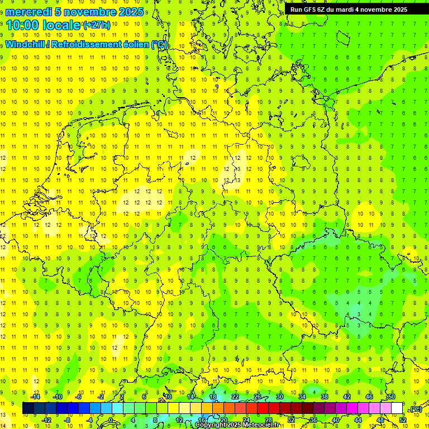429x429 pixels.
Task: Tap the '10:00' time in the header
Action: point(22,25)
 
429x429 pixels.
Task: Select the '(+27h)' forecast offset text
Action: point(97,25)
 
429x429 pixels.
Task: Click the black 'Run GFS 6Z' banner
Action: point(348,9)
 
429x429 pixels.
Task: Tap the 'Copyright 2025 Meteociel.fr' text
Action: point(237,425)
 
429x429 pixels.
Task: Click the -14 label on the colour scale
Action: point(36,397)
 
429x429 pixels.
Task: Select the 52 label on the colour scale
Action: point(403,420)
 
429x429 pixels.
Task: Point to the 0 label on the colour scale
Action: point(111,420)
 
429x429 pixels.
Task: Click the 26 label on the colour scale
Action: point(258,397)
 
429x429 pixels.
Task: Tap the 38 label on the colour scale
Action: point(324,397)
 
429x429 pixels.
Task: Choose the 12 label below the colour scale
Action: point(179,420)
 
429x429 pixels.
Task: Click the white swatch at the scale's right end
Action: point(397,408)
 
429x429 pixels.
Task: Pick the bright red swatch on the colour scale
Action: point(263,408)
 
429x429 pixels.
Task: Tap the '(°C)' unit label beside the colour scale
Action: point(416,409)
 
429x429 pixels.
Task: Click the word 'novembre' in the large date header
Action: point(90,12)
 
